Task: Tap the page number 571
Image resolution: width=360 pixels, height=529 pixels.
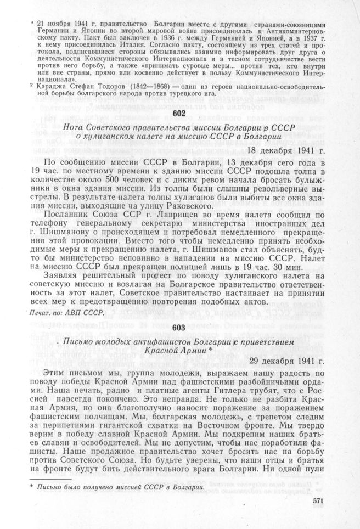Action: (x=319, y=500)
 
